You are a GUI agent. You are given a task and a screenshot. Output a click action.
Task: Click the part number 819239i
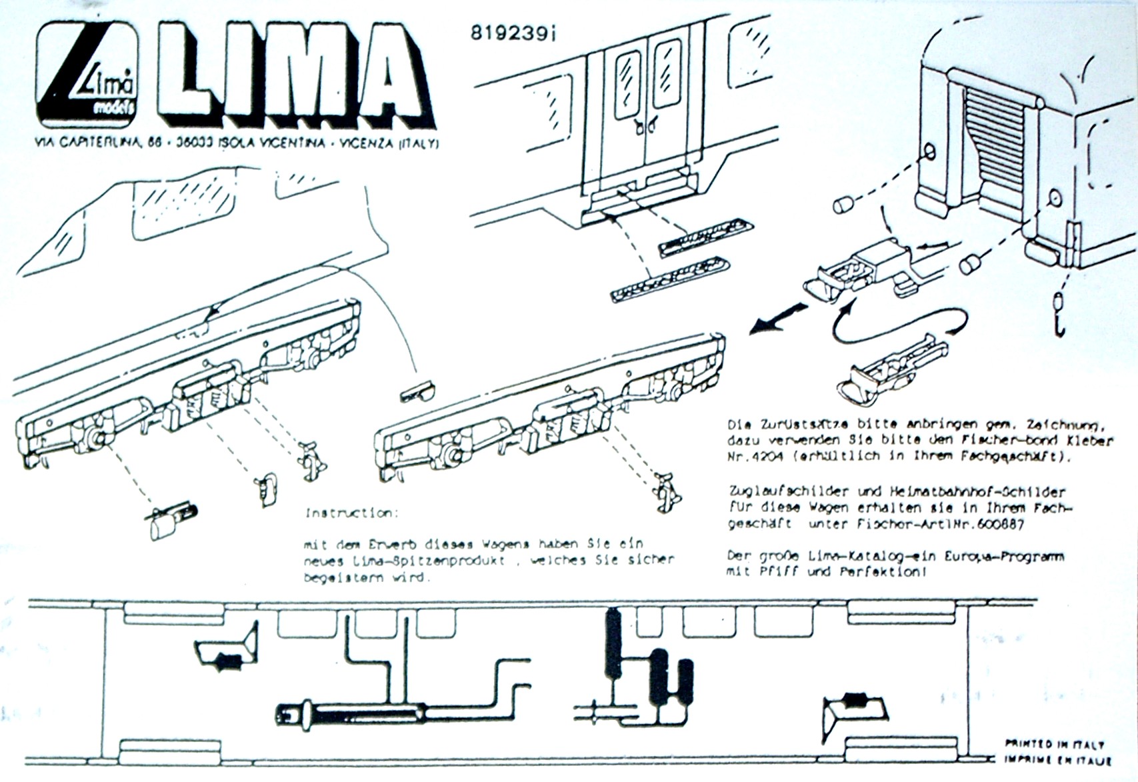tap(513, 33)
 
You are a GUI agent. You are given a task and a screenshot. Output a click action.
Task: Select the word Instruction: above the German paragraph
tap(351, 513)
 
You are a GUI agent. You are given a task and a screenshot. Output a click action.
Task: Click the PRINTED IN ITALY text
tap(1054, 745)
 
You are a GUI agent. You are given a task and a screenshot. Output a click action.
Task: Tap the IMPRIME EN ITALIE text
tap(1057, 760)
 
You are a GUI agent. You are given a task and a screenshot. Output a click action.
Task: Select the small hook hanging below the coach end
tap(1059, 313)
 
